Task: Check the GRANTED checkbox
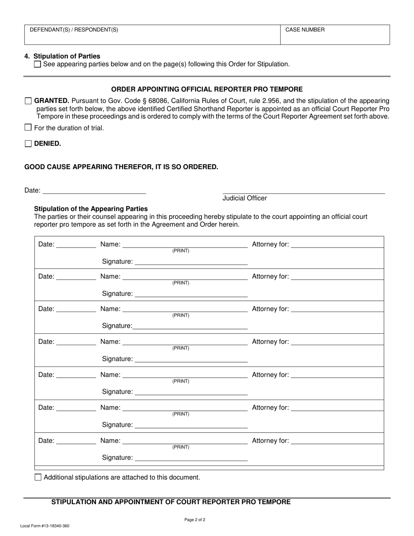click(x=28, y=101)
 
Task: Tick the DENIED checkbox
click(x=28, y=144)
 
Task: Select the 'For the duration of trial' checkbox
click(x=28, y=128)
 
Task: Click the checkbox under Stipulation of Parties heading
click(x=37, y=64)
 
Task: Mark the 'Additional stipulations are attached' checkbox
click(x=38, y=477)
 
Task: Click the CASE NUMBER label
click(x=305, y=30)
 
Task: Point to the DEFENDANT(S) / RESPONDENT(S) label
click(x=74, y=30)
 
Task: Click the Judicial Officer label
click(x=244, y=198)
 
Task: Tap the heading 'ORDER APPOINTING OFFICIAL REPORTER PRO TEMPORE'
click(x=207, y=89)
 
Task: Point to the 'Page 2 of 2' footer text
click(x=195, y=519)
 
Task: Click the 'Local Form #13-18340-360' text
click(x=44, y=526)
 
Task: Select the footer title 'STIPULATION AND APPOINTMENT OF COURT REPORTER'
click(x=171, y=502)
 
